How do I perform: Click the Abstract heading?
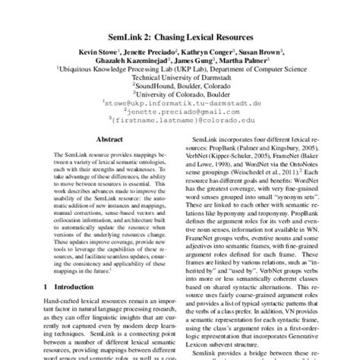[x=104, y=139]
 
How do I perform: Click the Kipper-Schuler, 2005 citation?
[x=257, y=155]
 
